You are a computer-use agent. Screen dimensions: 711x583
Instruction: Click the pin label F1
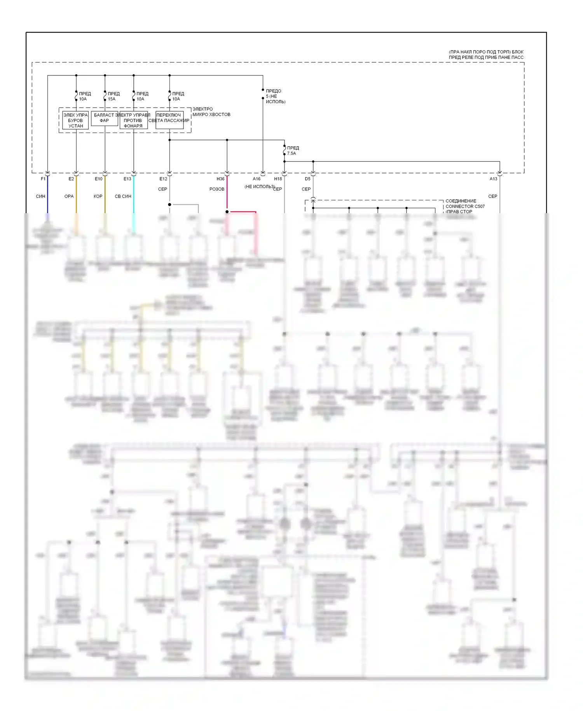pos(43,179)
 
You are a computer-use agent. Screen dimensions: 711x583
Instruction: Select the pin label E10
pos(99,179)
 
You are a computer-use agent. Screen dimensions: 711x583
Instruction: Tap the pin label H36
pos(220,179)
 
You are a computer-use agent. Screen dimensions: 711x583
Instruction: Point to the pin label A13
pos(493,179)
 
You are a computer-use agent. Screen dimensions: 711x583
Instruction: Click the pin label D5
pos(307,179)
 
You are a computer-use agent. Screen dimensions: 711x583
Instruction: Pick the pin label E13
pos(127,179)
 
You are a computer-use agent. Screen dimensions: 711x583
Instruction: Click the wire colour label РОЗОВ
pos(217,189)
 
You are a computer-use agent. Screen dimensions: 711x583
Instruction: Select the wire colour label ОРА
pos(69,196)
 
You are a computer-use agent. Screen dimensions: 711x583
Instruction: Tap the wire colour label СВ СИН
pos(123,196)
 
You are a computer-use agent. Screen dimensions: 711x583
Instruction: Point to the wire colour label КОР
pos(98,196)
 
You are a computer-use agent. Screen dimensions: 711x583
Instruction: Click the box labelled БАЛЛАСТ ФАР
pos(104,118)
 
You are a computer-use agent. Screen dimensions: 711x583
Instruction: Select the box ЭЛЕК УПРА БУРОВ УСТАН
pos(75,121)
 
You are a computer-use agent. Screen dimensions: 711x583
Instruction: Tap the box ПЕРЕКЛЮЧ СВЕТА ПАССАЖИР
pos(169,118)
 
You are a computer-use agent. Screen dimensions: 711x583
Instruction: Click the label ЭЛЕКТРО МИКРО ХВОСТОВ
pos(211,112)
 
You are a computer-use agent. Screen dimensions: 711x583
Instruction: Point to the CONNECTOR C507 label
pos(465,207)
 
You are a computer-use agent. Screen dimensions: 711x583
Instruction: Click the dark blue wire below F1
pos(47,198)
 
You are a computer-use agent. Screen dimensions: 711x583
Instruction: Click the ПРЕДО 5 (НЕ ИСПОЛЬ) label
pos(275,96)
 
